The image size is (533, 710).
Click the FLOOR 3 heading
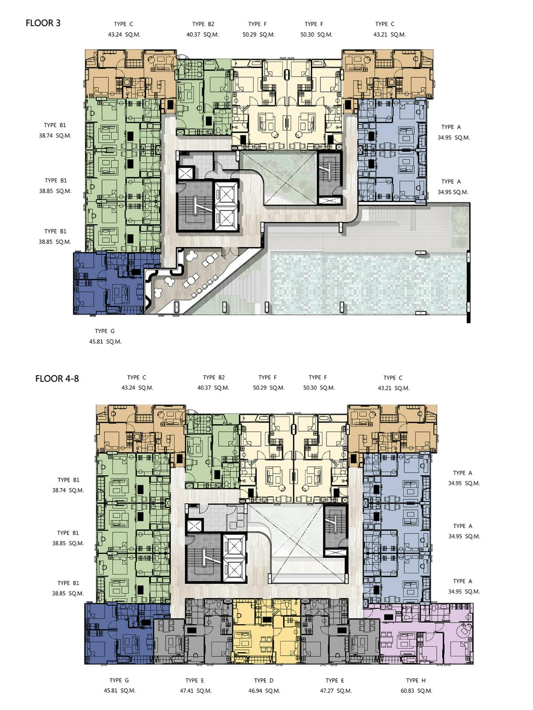pos(43,23)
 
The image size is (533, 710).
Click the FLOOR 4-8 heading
pos(57,379)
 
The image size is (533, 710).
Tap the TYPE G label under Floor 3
pos(104,331)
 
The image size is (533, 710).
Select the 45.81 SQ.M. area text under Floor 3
pos(105,342)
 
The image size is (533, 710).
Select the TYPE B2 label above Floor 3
pos(203,24)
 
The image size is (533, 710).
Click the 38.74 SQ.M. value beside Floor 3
pos(55,136)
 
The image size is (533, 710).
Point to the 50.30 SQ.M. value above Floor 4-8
pos(319,388)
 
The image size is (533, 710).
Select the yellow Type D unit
pos(266,636)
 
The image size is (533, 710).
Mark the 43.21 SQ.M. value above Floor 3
pos(390,35)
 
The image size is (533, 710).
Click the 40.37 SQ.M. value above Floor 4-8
pos(213,388)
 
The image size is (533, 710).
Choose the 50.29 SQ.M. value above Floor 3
pos(258,35)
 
